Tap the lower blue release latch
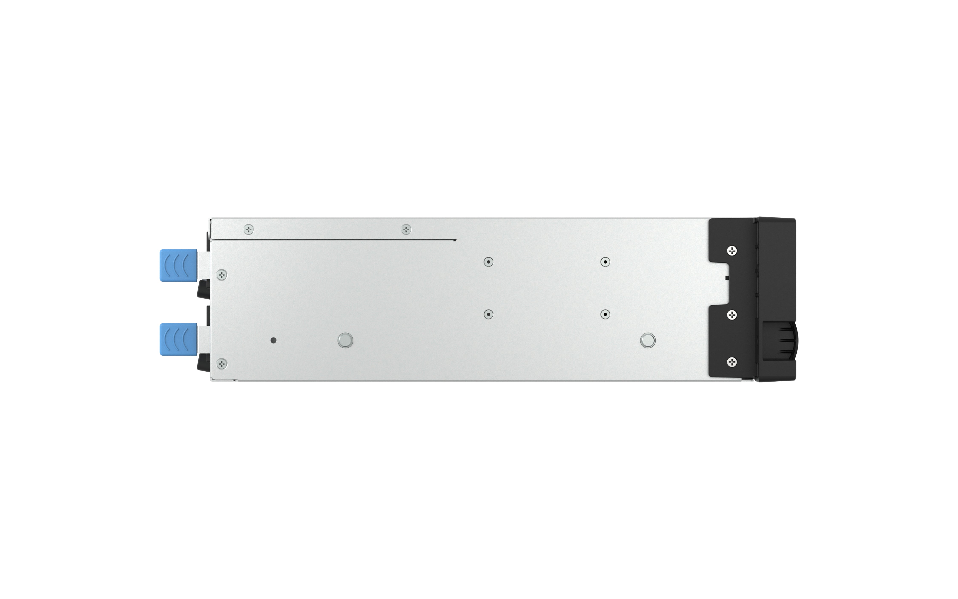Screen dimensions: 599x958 [178, 339]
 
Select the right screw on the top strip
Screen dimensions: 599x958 [406, 229]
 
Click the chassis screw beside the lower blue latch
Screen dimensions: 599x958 [222, 364]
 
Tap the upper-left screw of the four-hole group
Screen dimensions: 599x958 [488, 262]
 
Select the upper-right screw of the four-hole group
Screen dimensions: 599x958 [605, 262]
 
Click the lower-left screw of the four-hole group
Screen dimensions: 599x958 [488, 314]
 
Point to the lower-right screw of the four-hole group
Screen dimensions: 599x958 [605, 314]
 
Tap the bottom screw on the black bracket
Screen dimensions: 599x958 [732, 362]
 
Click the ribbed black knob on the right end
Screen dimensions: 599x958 [779, 341]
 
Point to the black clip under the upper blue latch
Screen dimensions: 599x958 [204, 289]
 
